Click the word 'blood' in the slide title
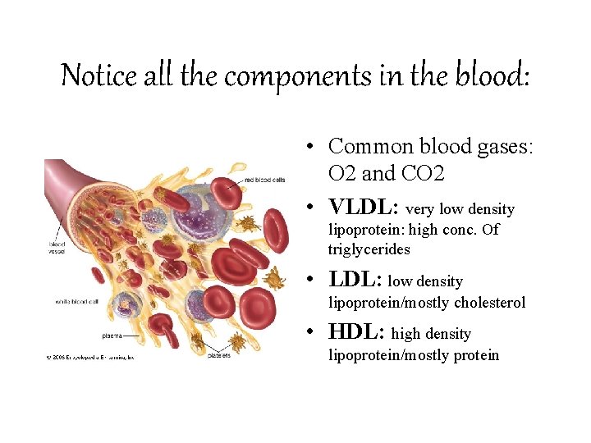click(491, 75)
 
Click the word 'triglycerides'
click(369, 249)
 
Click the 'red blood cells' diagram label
click(264, 180)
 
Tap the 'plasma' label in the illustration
click(112, 335)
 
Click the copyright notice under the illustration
click(89, 357)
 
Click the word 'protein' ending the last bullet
click(472, 355)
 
